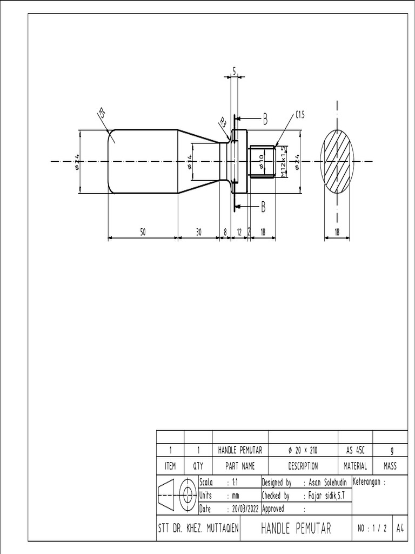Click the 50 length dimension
click(143, 232)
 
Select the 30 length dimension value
click(198, 232)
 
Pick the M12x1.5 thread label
click(283, 161)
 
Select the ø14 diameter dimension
click(190, 161)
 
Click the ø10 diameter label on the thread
click(262, 161)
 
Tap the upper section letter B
click(265, 120)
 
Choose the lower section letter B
click(264, 206)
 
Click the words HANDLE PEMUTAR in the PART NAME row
click(240, 450)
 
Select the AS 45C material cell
click(355, 450)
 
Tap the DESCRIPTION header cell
click(303, 466)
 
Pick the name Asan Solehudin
click(329, 482)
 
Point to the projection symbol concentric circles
click(188, 494)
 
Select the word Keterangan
click(369, 482)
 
